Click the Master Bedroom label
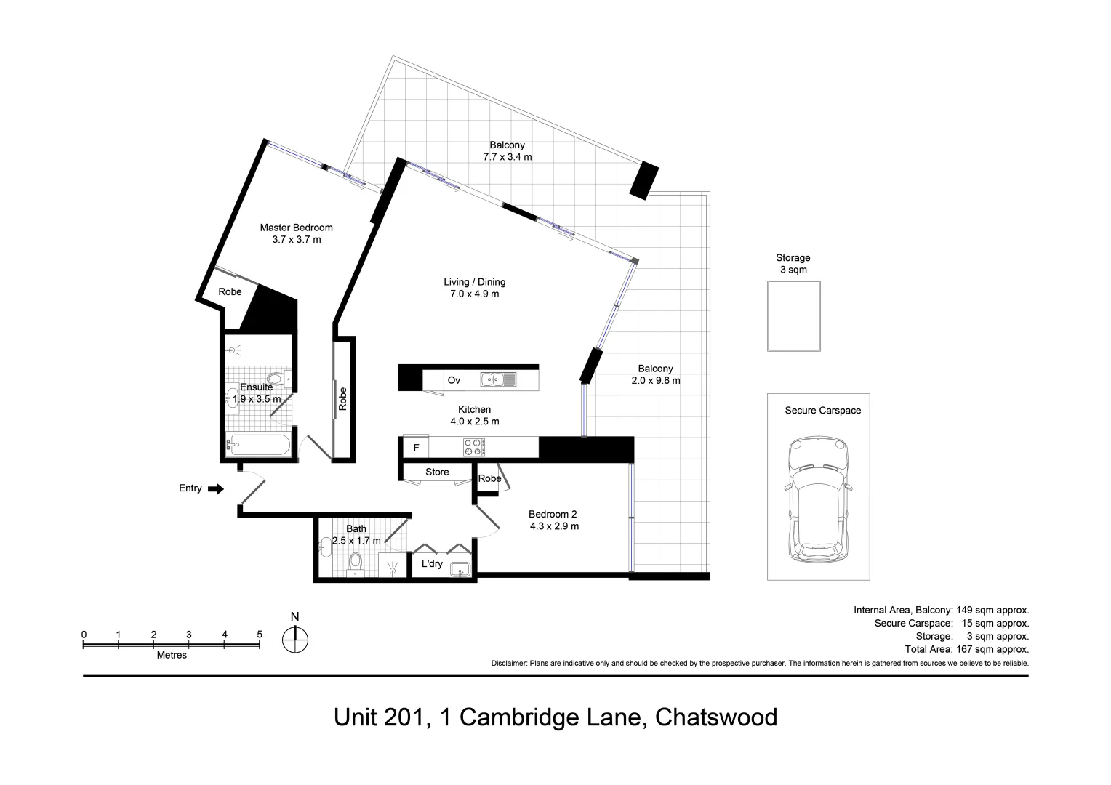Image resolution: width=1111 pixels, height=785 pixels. click(296, 228)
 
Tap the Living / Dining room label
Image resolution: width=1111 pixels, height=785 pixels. click(474, 282)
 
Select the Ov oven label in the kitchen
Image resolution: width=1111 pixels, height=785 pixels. click(454, 380)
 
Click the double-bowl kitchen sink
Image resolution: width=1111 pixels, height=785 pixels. click(498, 379)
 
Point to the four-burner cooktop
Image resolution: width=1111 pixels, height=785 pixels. click(474, 447)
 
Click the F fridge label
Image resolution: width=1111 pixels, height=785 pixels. click(416, 448)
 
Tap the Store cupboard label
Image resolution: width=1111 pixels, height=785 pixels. click(437, 472)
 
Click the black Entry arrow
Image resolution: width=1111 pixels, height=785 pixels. click(216, 489)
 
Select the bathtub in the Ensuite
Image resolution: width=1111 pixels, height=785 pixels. click(259, 445)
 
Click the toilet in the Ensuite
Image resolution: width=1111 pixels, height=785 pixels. click(276, 379)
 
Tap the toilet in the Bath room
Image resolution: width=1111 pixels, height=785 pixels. click(356, 561)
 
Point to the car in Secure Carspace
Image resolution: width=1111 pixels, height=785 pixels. click(818, 500)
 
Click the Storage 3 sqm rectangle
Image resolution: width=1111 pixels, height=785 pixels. click(793, 315)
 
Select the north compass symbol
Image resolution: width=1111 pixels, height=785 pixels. click(295, 640)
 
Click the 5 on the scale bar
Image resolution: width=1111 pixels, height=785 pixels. click(260, 635)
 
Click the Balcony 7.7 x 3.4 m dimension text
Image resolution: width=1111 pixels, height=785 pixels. click(507, 157)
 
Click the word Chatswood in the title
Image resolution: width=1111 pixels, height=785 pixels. click(715, 717)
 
